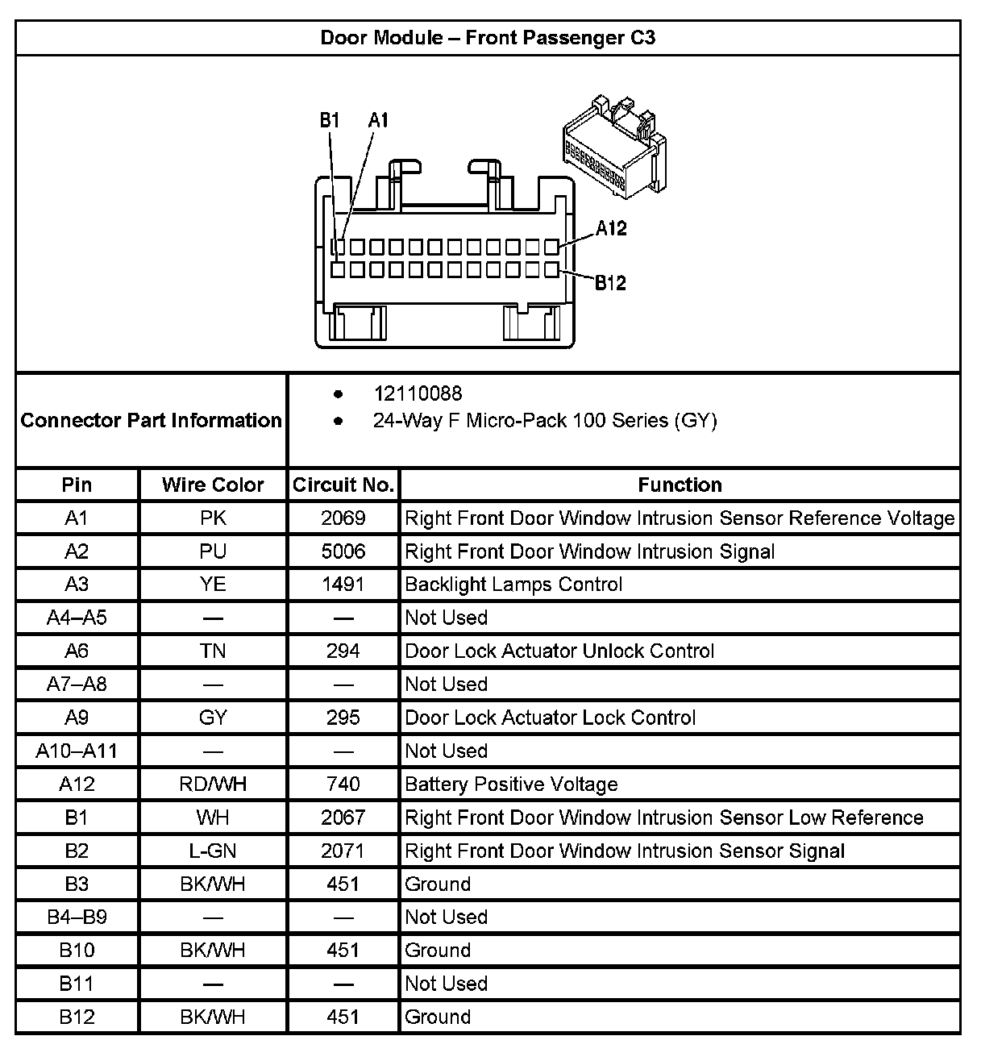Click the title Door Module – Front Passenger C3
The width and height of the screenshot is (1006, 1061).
[488, 38]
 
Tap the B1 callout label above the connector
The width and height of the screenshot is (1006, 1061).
[330, 121]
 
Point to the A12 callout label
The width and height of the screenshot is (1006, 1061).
[611, 228]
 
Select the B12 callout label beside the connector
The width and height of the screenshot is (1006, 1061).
[610, 283]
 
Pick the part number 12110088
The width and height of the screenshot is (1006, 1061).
[418, 393]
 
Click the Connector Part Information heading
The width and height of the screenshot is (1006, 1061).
[151, 420]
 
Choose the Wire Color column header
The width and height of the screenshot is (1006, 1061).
[213, 485]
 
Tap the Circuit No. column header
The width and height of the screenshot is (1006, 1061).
[343, 485]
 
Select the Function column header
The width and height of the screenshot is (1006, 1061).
[680, 485]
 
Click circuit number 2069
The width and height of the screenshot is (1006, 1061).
[343, 518]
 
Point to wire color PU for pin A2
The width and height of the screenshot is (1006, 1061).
[213, 551]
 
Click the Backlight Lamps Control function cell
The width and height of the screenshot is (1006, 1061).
[513, 585]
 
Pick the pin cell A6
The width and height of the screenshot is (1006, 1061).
[77, 651]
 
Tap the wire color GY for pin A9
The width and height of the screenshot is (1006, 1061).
[213, 718]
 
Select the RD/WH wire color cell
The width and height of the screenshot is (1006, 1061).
[213, 784]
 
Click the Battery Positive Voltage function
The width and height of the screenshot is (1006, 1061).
[511, 784]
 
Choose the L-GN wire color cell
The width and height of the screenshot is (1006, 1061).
[213, 851]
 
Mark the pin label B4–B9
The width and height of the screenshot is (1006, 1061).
[77, 917]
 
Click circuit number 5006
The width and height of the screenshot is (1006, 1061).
[343, 551]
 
